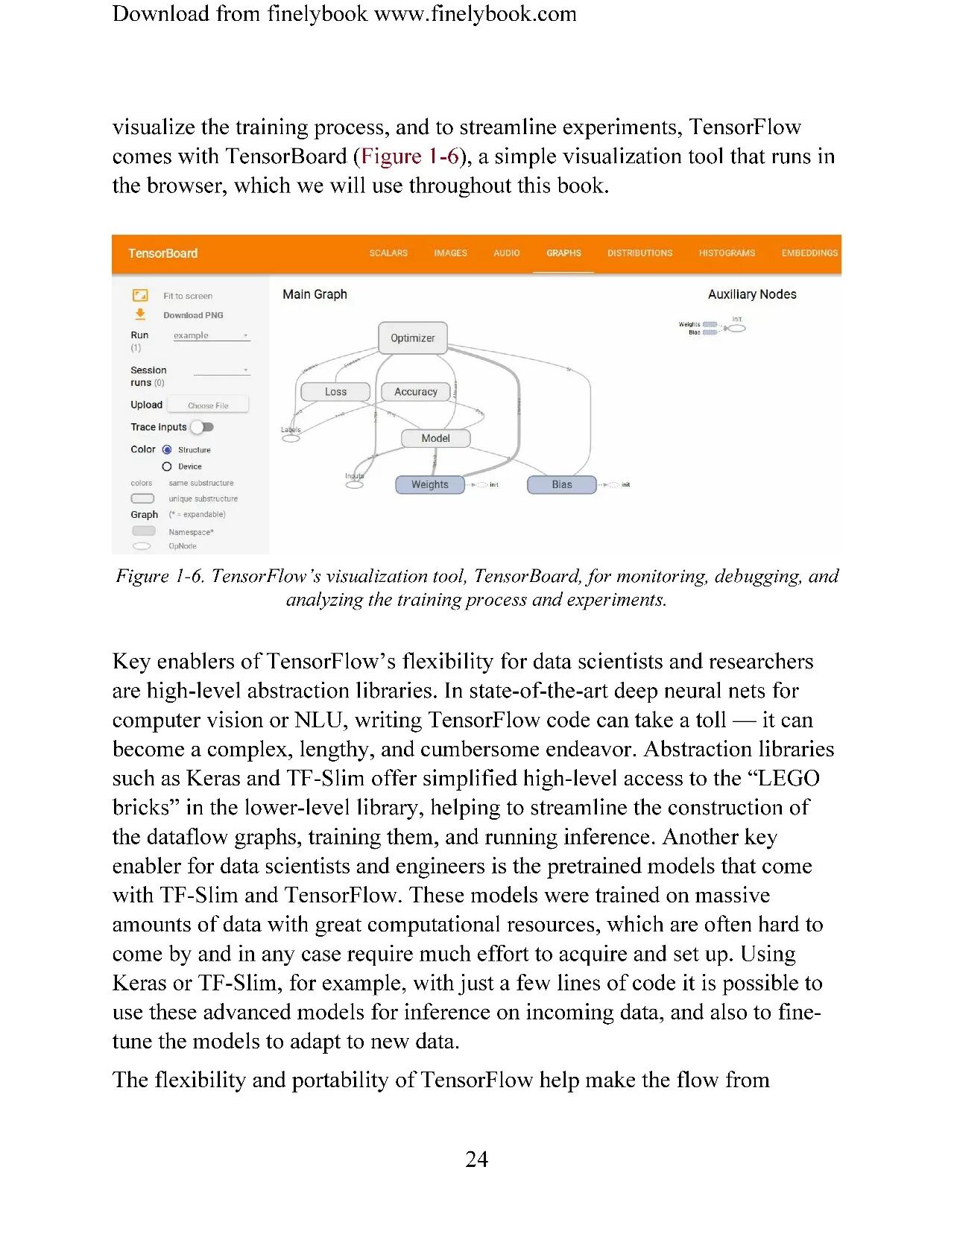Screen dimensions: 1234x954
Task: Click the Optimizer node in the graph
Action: click(x=413, y=338)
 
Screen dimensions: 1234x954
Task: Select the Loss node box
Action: click(x=335, y=392)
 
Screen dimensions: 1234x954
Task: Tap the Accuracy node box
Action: click(x=416, y=392)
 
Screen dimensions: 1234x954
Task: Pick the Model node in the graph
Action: click(x=435, y=438)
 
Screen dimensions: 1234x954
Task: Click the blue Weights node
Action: click(x=429, y=484)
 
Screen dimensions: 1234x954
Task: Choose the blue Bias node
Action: click(x=562, y=484)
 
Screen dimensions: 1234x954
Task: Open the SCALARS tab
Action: click(x=388, y=253)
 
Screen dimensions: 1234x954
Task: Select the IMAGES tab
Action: click(x=450, y=253)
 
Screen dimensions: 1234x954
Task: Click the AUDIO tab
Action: click(x=507, y=253)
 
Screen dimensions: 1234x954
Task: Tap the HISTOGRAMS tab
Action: click(x=727, y=253)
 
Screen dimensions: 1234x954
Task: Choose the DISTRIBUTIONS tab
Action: click(x=639, y=253)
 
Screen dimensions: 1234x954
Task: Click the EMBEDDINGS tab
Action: click(x=809, y=253)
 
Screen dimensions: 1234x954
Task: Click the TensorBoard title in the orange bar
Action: click(x=162, y=253)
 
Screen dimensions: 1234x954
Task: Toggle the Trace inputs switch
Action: click(x=202, y=427)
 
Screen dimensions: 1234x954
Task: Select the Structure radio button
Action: click(x=167, y=450)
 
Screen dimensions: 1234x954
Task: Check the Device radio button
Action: click(x=167, y=466)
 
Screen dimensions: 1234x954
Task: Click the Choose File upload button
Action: click(x=208, y=405)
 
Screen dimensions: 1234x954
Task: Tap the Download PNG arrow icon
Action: click(x=140, y=314)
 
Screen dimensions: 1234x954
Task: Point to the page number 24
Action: click(x=477, y=1159)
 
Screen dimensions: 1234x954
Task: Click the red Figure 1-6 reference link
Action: click(x=409, y=156)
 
